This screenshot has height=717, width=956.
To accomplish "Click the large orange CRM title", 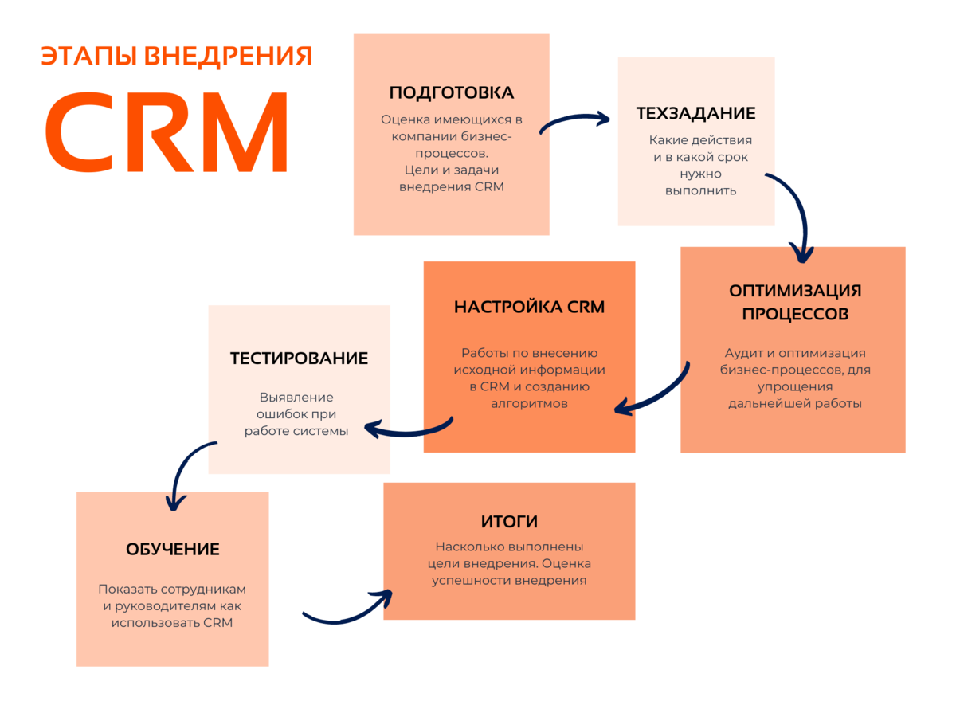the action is tap(166, 131).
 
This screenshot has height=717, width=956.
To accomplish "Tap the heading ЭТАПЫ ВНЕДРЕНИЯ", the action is tap(176, 56).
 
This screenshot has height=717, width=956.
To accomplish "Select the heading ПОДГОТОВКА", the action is tap(451, 92).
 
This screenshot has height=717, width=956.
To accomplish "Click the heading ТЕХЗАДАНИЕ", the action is tap(695, 113).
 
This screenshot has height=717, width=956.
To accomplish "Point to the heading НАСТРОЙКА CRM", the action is tap(529, 307).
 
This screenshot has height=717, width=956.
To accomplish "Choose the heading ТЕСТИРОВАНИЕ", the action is tap(299, 358).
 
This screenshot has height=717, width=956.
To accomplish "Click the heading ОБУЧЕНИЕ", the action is tap(172, 550).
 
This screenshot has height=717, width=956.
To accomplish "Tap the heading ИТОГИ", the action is tap(509, 522).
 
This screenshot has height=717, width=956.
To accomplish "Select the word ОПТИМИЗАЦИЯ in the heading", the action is tap(795, 291).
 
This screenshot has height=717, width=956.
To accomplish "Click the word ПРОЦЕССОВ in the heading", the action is tap(795, 314).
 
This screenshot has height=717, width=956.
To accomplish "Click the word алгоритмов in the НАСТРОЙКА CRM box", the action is tap(529, 404).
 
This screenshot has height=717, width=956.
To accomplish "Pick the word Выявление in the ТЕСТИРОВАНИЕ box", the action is tap(296, 397).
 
